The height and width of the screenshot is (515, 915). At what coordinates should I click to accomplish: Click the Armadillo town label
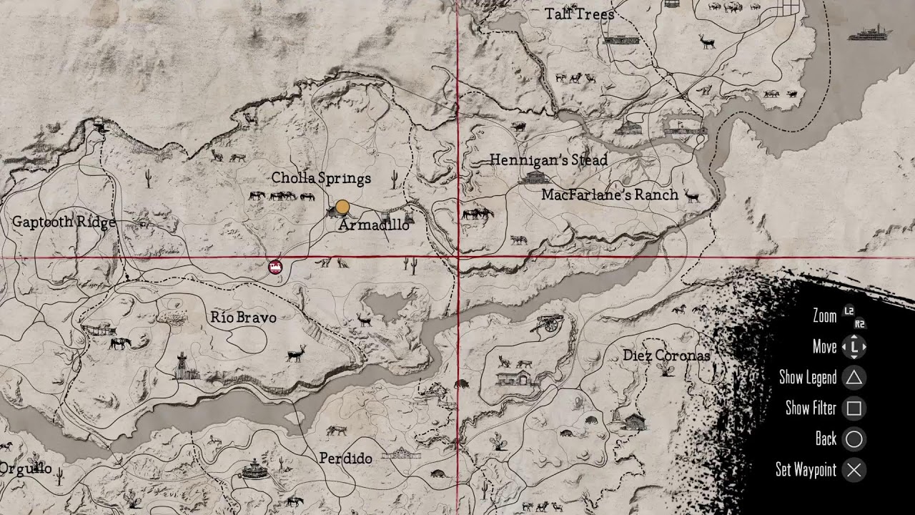coord(374,225)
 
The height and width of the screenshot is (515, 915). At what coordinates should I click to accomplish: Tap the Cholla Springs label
coord(321,178)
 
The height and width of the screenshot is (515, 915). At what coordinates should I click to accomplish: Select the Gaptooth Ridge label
coord(64,222)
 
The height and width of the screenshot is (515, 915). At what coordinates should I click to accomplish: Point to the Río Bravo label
coord(243,317)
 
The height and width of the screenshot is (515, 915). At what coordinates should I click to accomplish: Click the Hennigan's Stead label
coord(548,160)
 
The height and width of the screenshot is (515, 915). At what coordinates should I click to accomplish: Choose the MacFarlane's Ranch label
coord(610,195)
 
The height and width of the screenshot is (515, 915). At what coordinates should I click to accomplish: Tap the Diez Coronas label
coord(666,355)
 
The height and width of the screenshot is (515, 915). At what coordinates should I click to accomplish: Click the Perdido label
coord(345,458)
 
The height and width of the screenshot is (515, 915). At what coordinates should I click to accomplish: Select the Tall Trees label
coord(579,14)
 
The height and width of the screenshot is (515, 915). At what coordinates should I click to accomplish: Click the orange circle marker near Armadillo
coord(342,207)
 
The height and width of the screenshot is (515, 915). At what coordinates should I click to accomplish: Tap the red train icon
coord(275,267)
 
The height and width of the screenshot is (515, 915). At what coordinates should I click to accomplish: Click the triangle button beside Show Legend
coord(854,378)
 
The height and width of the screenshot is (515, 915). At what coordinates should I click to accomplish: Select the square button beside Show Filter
coord(854,408)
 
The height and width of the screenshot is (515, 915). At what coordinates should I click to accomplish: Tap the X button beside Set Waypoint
coord(854,470)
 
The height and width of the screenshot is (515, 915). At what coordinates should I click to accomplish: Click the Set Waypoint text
coord(806,470)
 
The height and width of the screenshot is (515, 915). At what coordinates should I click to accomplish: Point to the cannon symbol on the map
coord(548,323)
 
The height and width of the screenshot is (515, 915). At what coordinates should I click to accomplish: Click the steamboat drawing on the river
coord(870,33)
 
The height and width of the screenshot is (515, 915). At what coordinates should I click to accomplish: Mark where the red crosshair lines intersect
coord(457,257)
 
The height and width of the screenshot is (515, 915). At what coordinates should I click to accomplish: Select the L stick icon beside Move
coord(854,348)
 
